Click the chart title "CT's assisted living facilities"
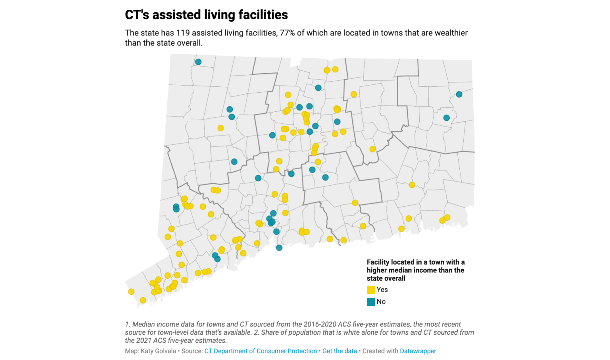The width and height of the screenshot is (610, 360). click(x=206, y=15)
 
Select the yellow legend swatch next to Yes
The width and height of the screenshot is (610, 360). click(x=371, y=290)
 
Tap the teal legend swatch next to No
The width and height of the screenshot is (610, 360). click(x=371, y=302)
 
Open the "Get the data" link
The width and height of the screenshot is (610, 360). click(x=339, y=351)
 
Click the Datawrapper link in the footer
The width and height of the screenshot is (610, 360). click(x=418, y=351)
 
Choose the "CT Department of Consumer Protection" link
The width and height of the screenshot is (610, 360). click(x=260, y=351)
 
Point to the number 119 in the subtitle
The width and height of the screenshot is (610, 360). click(x=183, y=33)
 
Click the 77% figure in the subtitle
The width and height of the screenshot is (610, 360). click(x=287, y=33)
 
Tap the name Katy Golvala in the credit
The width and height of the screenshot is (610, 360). click(x=158, y=351)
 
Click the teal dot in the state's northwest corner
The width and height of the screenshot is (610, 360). click(x=198, y=62)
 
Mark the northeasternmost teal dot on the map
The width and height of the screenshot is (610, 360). click(x=459, y=94)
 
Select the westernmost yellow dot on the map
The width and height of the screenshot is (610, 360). click(x=131, y=292)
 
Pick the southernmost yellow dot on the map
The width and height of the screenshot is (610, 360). click(x=143, y=300)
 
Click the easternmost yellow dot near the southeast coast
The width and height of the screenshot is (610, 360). click(x=447, y=218)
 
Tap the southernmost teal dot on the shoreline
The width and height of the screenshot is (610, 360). click(x=279, y=248)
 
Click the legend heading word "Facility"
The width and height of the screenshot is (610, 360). click(x=378, y=262)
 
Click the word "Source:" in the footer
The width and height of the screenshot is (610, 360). click(x=192, y=351)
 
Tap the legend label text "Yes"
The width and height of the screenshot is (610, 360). click(x=382, y=290)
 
